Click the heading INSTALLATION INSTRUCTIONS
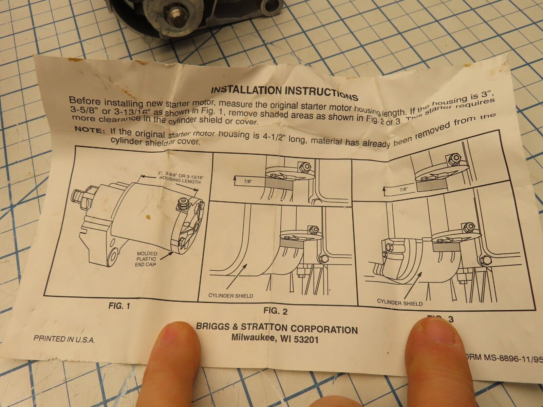click(284, 93)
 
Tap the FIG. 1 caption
click(119, 306)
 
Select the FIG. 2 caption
click(275, 311)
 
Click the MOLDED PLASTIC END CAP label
click(147, 259)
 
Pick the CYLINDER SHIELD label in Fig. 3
click(400, 303)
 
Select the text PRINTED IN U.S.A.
click(64, 339)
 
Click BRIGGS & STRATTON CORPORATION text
click(277, 328)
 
